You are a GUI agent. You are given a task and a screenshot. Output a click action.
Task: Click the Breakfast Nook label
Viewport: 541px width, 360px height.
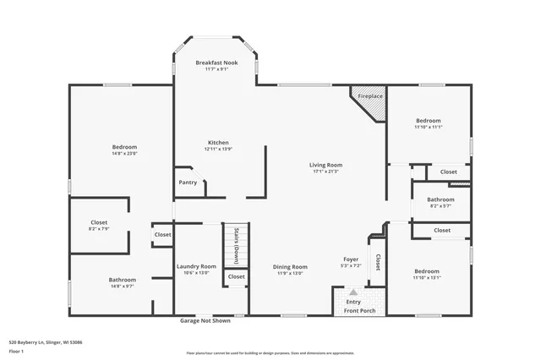(x=217, y=63)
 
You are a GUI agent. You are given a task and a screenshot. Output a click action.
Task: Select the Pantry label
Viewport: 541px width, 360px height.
(x=188, y=183)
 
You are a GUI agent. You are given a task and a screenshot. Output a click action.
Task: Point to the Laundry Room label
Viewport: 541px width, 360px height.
(x=196, y=266)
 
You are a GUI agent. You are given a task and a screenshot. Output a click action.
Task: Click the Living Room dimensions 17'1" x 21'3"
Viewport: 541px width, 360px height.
(x=325, y=172)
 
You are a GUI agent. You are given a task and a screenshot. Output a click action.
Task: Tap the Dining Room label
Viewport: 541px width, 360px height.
(x=290, y=266)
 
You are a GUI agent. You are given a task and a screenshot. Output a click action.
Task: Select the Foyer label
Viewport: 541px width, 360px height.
(x=351, y=259)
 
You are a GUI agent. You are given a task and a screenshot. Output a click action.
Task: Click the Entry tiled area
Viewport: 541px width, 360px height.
(x=352, y=299)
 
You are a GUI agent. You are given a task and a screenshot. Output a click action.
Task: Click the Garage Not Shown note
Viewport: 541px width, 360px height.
(x=205, y=321)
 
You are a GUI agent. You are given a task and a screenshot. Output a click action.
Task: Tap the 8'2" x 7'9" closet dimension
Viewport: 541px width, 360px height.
(x=99, y=229)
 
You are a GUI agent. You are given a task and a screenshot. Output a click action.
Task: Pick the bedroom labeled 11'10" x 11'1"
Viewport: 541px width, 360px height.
(x=429, y=123)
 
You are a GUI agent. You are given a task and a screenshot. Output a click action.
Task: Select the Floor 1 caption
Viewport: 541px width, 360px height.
(x=17, y=351)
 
